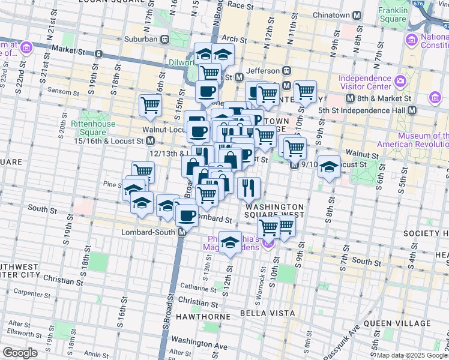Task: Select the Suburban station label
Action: [x=141, y=39]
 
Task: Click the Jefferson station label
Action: [x=264, y=70]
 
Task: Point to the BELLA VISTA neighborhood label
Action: [x=267, y=313]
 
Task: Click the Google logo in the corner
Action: [x=19, y=353]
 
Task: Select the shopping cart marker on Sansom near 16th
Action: [x=150, y=105]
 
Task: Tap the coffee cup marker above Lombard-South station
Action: [x=186, y=215]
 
